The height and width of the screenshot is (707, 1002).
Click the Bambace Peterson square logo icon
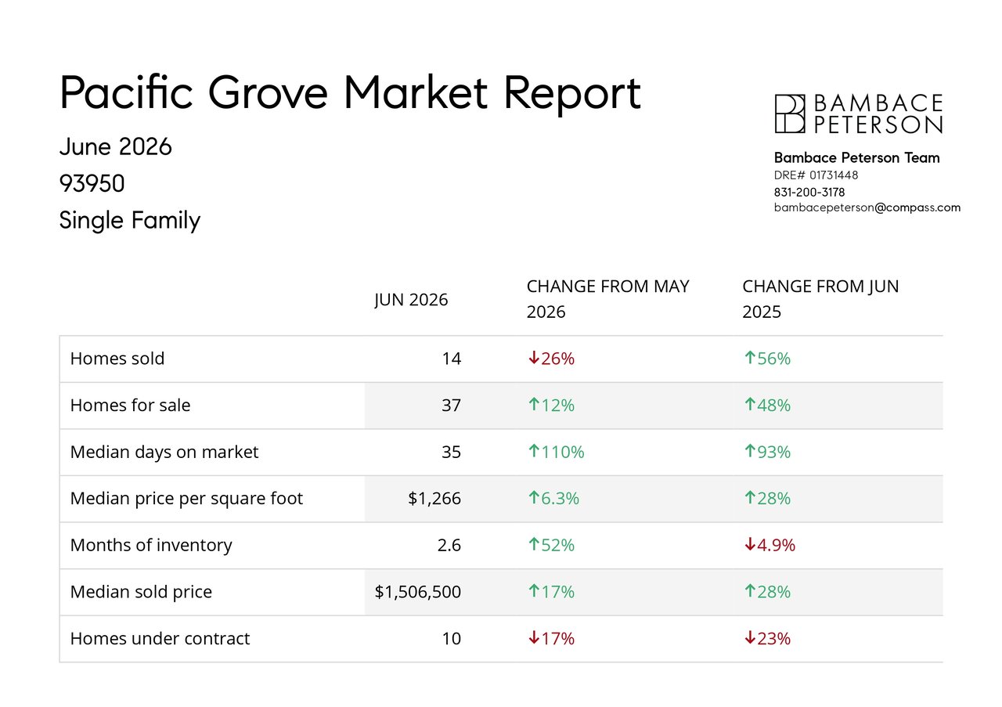pyautogui.click(x=790, y=114)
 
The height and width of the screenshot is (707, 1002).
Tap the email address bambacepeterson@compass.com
pyautogui.click(x=867, y=208)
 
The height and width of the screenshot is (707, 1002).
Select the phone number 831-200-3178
pyautogui.click(x=809, y=193)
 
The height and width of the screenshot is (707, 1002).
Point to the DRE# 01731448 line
pyautogui.click(x=816, y=175)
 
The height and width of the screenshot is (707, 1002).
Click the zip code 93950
pyautogui.click(x=92, y=183)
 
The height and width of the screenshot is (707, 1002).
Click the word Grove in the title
pyautogui.click(x=268, y=92)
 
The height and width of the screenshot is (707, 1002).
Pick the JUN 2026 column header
pyautogui.click(x=411, y=300)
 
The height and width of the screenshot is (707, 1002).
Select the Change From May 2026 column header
pyautogui.click(x=608, y=299)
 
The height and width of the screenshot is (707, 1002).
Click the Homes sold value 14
pyautogui.click(x=452, y=359)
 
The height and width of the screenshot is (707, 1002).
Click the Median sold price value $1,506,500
pyautogui.click(x=418, y=592)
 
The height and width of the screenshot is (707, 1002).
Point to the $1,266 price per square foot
pyautogui.click(x=434, y=499)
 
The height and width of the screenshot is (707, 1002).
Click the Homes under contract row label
pyautogui.click(x=160, y=639)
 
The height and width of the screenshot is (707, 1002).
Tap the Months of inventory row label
pyautogui.click(x=151, y=546)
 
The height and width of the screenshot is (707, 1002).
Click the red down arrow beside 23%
pyautogui.click(x=750, y=637)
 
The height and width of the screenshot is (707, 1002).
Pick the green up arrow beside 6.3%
pyautogui.click(x=534, y=497)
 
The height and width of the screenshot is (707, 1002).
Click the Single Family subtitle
pyautogui.click(x=130, y=221)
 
